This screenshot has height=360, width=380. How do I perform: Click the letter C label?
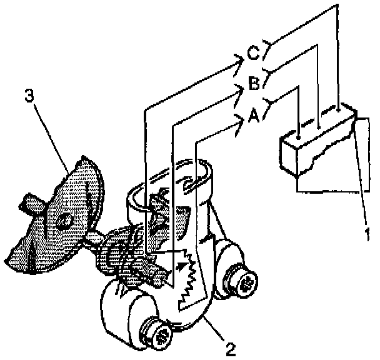point(253,53)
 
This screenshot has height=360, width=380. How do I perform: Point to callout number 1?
point(367,236)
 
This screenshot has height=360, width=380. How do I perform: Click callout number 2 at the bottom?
point(231,348)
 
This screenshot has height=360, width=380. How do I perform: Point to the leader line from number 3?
point(53,137)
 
